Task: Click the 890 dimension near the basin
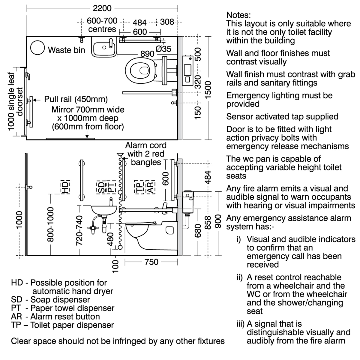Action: [x=147, y=54]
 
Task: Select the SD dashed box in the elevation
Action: [x=101, y=187]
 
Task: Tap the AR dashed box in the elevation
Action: [x=150, y=187]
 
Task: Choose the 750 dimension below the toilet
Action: [x=151, y=262]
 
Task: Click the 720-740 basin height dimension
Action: [x=79, y=230]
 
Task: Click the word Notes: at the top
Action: [x=238, y=15]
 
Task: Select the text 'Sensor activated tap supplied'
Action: [x=282, y=116]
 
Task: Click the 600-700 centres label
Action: [x=102, y=25]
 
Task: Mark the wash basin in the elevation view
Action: [x=103, y=210]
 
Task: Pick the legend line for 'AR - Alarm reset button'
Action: [x=55, y=316]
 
